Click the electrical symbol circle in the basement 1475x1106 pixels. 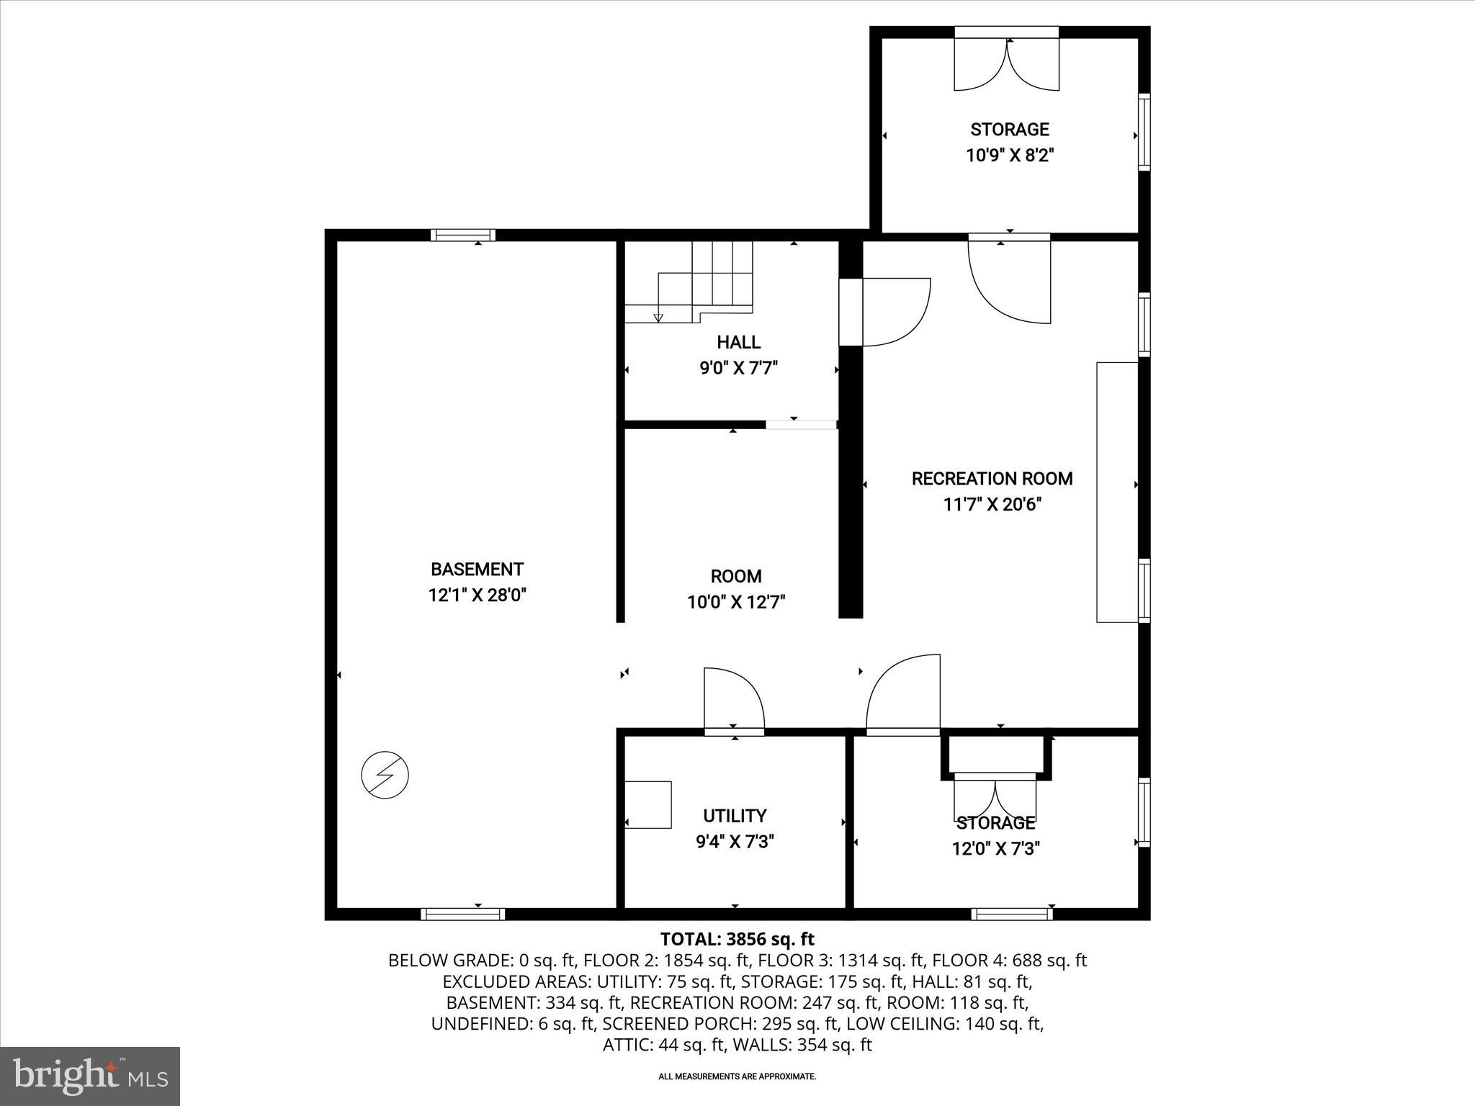(x=385, y=775)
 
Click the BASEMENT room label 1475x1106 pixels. (x=477, y=570)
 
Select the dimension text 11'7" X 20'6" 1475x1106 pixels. (x=992, y=505)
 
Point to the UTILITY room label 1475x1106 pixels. (x=735, y=816)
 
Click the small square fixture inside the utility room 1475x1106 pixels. (x=647, y=804)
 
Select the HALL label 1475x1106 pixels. (x=738, y=342)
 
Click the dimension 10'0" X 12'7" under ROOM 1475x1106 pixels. (x=735, y=602)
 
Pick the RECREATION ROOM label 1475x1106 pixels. (x=992, y=479)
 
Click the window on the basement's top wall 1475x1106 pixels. (x=463, y=235)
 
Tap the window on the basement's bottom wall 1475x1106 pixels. (x=462, y=914)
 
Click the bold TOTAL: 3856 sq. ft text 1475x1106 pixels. (x=737, y=939)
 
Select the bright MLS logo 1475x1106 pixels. (x=90, y=1076)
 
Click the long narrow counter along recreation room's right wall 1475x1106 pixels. (x=1116, y=492)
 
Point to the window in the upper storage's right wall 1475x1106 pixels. (x=1144, y=131)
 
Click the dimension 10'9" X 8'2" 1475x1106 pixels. (x=1009, y=156)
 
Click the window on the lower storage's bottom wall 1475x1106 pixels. (x=1011, y=914)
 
